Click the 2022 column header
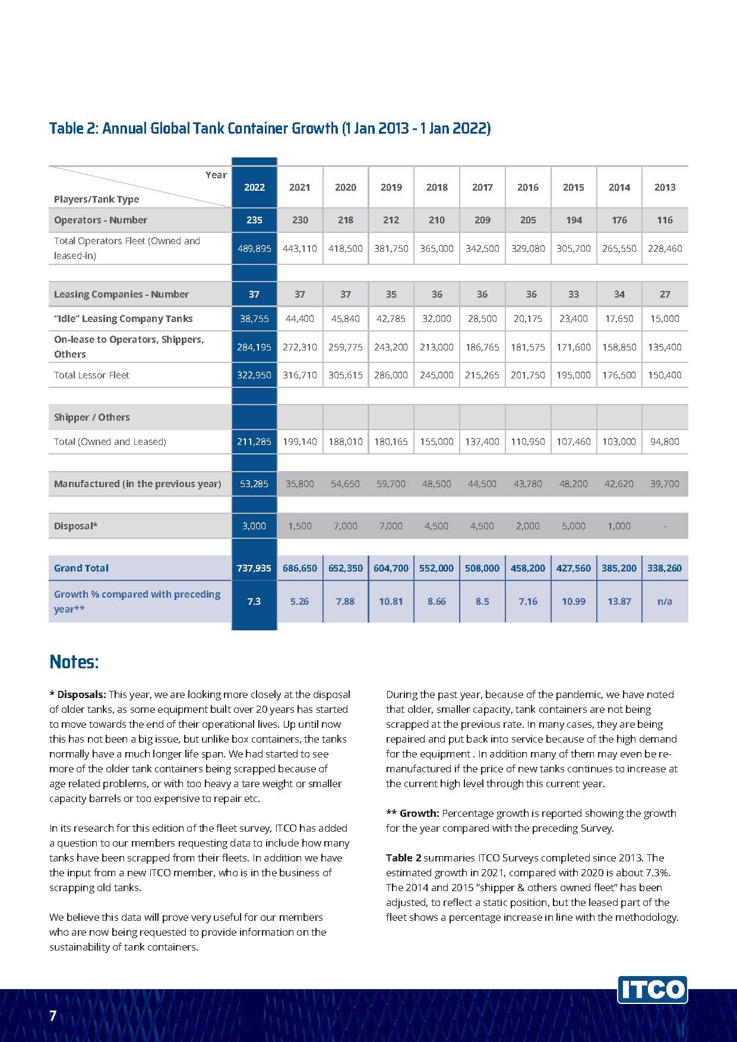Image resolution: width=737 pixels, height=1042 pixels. pyautogui.click(x=254, y=187)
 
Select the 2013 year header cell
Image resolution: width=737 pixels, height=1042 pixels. pyautogui.click(x=665, y=187)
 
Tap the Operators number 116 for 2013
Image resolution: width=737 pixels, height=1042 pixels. pyautogui.click(x=665, y=220)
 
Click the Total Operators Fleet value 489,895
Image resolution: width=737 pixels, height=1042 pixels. pyautogui.click(x=254, y=248)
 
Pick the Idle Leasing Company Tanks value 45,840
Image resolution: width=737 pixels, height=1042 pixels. pyautogui.click(x=345, y=318)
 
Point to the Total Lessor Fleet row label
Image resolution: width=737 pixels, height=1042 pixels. pyautogui.click(x=91, y=375)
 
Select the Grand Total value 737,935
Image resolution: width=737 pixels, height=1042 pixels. pyautogui.click(x=254, y=568)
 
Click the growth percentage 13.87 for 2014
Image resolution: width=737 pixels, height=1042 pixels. pyautogui.click(x=619, y=601)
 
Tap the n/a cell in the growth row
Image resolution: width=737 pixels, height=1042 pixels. pyautogui.click(x=665, y=601)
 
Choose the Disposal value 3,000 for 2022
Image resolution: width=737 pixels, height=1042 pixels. pyautogui.click(x=254, y=526)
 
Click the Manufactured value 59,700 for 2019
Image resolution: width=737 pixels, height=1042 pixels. pyautogui.click(x=391, y=484)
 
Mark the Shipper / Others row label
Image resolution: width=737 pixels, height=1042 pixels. pyautogui.click(x=92, y=417)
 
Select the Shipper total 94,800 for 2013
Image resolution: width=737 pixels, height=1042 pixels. pyautogui.click(x=665, y=441)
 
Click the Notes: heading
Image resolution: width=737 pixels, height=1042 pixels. pyautogui.click(x=74, y=662)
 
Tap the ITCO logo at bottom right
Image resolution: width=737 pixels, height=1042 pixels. pyautogui.click(x=652, y=990)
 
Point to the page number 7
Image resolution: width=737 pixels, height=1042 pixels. pyautogui.click(x=53, y=1015)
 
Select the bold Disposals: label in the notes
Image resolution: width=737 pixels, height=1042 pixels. pyautogui.click(x=81, y=694)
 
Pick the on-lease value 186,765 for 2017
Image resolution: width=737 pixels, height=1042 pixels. pyautogui.click(x=482, y=347)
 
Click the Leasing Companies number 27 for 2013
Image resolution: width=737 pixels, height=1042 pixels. pyautogui.click(x=665, y=294)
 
